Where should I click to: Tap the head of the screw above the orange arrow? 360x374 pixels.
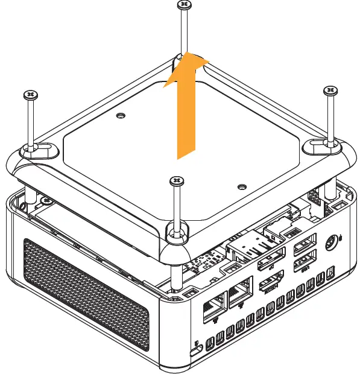[x=184, y=5]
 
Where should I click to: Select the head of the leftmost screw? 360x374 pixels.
[x=31, y=95]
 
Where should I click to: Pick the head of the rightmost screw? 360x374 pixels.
[x=331, y=91]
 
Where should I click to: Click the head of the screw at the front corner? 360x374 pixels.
[x=175, y=180]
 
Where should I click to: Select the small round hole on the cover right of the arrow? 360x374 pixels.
[x=241, y=186]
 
